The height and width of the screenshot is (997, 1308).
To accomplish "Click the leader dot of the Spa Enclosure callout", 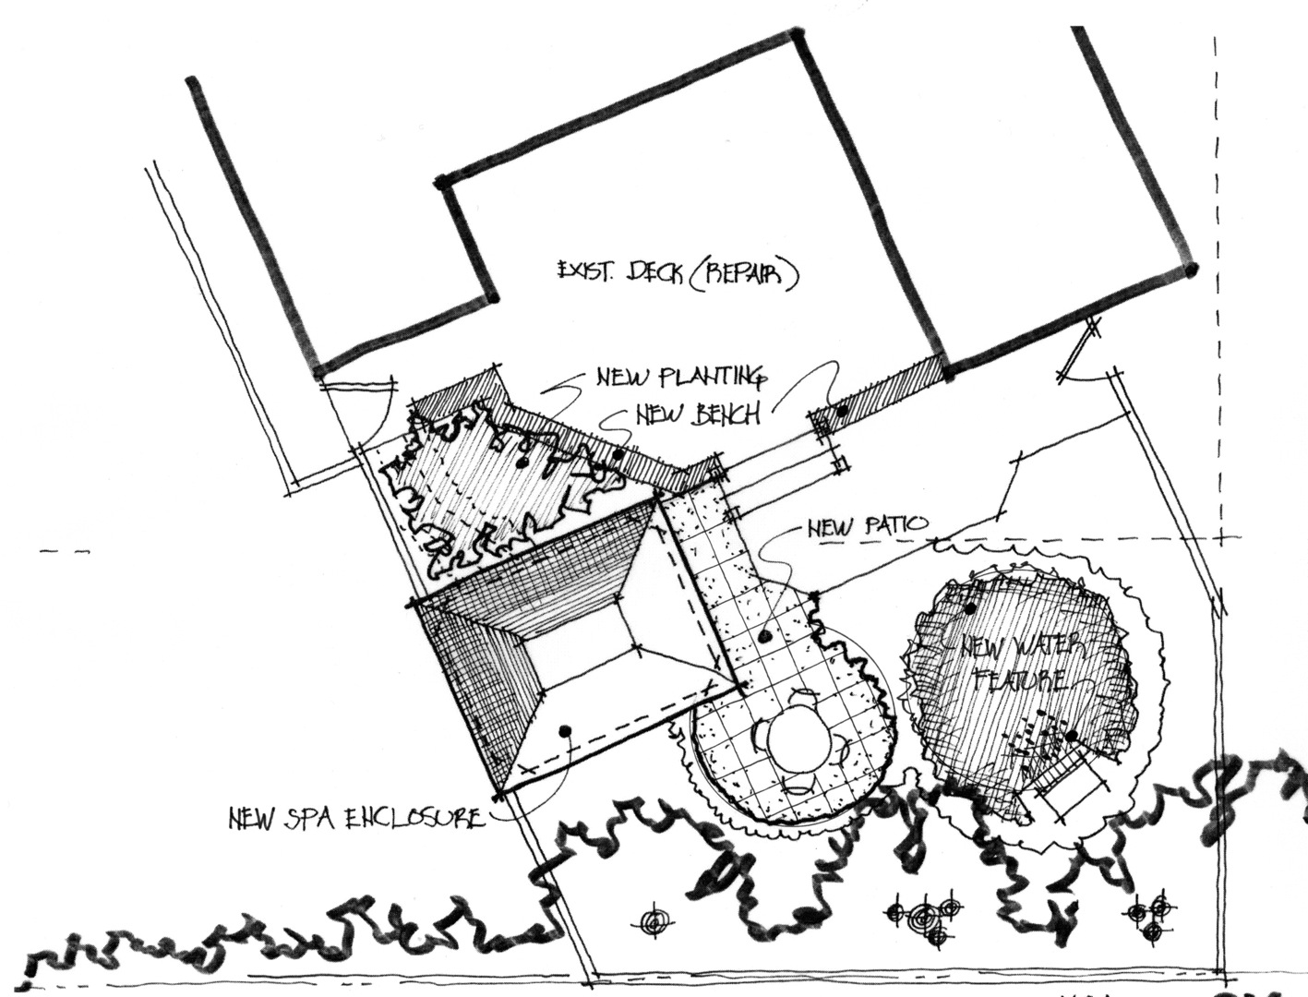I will point(565,730).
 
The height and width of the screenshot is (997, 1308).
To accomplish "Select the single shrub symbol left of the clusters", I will point(654,921).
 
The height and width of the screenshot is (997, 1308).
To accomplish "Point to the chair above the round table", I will point(810,693).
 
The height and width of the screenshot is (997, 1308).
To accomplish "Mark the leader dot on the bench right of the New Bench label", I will point(841,411).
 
